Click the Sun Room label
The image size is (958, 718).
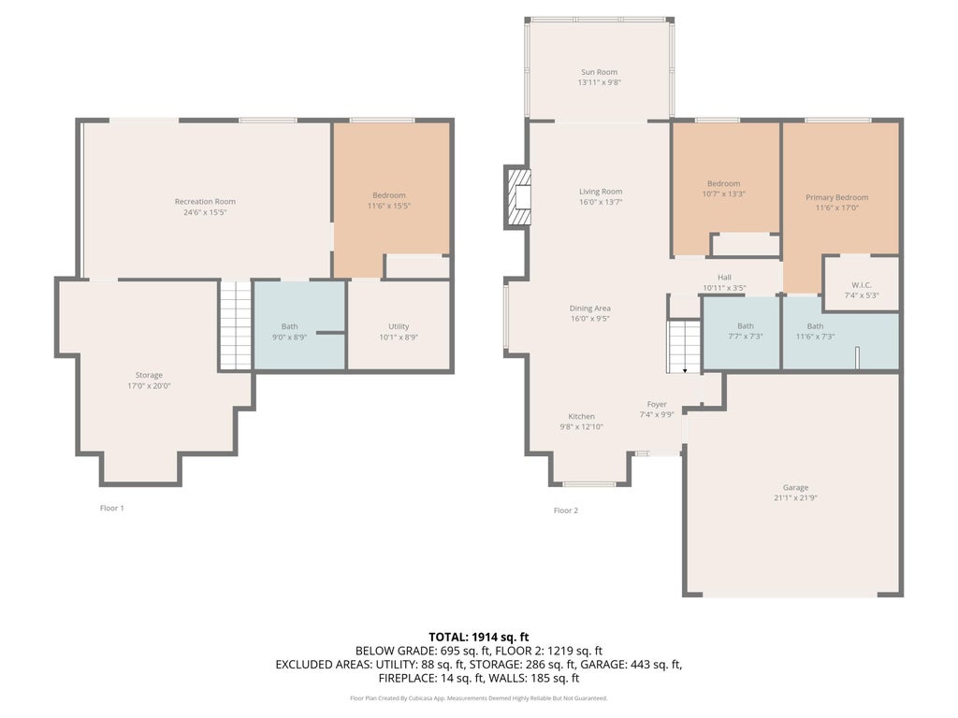pyautogui.click(x=599, y=72)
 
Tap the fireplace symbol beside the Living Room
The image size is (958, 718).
pyautogui.click(x=517, y=197)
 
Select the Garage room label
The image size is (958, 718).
pyautogui.click(x=795, y=487)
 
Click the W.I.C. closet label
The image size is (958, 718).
pyautogui.click(x=862, y=285)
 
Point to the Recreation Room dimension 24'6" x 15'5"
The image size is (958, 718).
pyautogui.click(x=205, y=212)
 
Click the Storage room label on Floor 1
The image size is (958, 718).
pyautogui.click(x=149, y=375)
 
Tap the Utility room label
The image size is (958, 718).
pyautogui.click(x=399, y=326)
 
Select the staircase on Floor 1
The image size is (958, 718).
pyautogui.click(x=236, y=324)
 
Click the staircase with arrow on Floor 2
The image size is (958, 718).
pyautogui.click(x=684, y=346)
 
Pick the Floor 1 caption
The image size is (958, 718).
pyautogui.click(x=112, y=508)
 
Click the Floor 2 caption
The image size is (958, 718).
pyautogui.click(x=566, y=510)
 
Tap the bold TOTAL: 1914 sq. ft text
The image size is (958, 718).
pyautogui.click(x=479, y=638)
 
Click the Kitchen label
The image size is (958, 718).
pyautogui.click(x=582, y=416)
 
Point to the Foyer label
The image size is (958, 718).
pyautogui.click(x=657, y=404)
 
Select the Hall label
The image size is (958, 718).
pyautogui.click(x=725, y=277)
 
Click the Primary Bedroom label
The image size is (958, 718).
pyautogui.click(x=837, y=197)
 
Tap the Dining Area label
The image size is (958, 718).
pyautogui.click(x=590, y=309)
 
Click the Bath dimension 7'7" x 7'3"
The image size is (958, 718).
pyautogui.click(x=746, y=337)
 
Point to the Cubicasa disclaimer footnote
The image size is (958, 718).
pyautogui.click(x=479, y=697)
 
